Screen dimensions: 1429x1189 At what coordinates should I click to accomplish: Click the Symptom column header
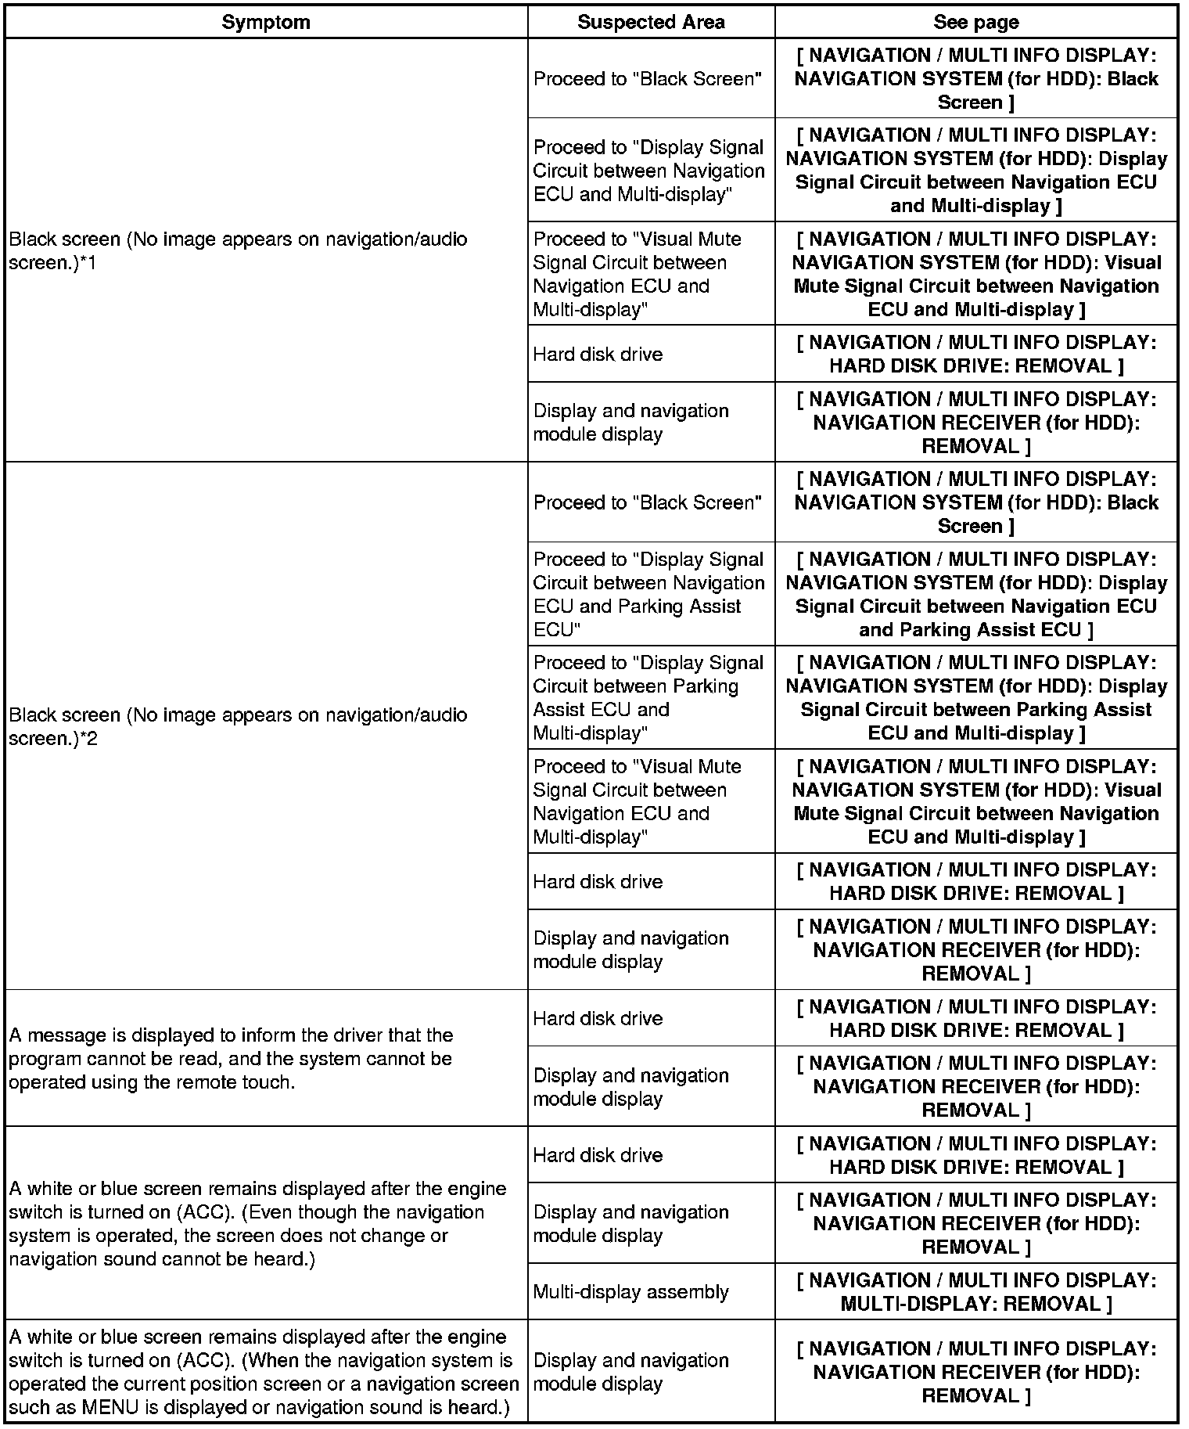coord(266,22)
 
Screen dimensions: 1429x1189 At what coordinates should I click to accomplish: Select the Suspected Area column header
coord(651,22)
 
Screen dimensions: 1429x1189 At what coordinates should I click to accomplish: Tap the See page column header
coord(975,22)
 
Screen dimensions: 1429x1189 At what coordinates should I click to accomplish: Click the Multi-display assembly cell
coord(630,1291)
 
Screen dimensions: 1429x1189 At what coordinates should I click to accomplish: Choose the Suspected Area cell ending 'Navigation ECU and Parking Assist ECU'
coord(648,594)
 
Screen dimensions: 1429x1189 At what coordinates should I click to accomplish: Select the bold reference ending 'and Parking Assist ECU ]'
coord(975,594)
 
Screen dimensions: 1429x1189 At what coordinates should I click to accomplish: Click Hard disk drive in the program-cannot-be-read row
coord(598,1018)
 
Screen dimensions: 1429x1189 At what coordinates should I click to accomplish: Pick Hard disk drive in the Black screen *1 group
coord(598,354)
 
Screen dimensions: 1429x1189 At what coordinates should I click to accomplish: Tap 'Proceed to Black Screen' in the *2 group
coord(647,502)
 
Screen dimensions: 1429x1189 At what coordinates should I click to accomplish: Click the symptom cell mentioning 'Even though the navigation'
coord(258,1223)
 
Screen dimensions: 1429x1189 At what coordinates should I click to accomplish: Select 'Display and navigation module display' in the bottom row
coord(630,1372)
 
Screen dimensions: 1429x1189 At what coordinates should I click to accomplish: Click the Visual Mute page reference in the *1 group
coord(975,274)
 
